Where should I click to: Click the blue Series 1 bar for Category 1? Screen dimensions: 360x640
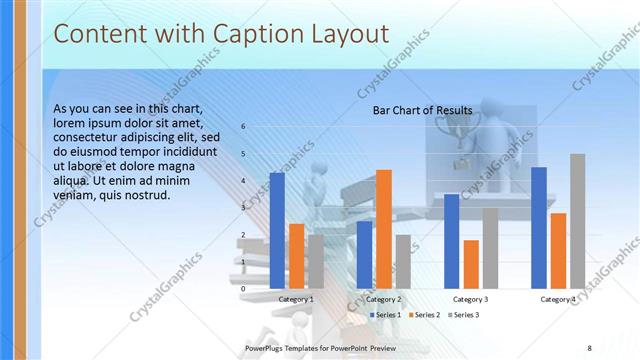(x=277, y=230)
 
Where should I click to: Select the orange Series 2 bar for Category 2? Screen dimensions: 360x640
(x=383, y=229)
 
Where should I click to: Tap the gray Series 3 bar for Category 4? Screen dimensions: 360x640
(x=577, y=221)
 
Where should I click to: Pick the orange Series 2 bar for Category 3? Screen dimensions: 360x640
(x=471, y=264)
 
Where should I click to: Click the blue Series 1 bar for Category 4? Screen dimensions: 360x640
(x=539, y=227)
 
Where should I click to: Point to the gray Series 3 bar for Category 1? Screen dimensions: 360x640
(x=316, y=261)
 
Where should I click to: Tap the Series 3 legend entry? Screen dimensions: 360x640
(x=463, y=315)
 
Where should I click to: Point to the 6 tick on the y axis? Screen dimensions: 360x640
(x=243, y=127)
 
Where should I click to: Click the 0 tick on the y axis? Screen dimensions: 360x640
(x=243, y=289)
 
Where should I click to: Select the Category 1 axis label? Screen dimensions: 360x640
(x=296, y=299)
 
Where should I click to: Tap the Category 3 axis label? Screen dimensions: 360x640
(x=471, y=299)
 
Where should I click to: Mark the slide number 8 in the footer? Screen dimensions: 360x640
(x=589, y=347)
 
